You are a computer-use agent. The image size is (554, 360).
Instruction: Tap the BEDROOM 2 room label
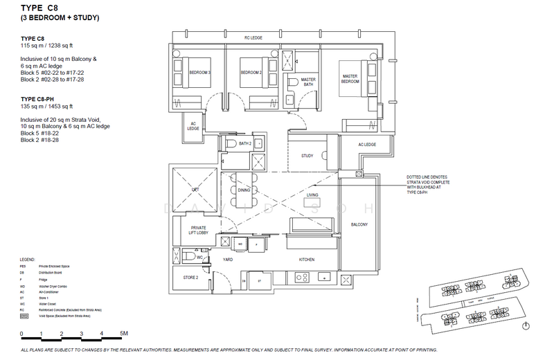point(250,72)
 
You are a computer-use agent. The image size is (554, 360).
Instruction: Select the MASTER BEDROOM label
point(349,78)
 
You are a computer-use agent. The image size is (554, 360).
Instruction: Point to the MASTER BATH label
point(307,82)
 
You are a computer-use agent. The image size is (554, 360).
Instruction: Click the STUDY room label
point(307,156)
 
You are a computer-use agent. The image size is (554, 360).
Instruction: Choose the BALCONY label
point(359,225)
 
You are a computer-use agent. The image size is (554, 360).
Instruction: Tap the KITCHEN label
point(307,260)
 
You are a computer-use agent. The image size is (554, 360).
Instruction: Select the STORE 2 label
point(191,278)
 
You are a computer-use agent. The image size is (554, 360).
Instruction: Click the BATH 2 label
point(244,143)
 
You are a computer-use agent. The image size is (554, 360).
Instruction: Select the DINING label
point(244,189)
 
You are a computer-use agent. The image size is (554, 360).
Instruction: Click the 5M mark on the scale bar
point(123,334)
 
